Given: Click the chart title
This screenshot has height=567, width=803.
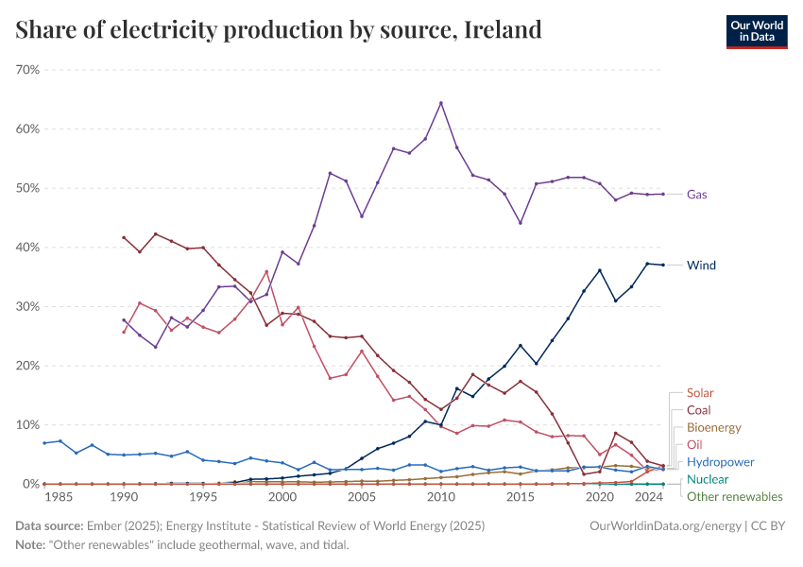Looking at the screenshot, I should point(279,29).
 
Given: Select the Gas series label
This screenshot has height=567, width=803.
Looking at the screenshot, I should point(697,194).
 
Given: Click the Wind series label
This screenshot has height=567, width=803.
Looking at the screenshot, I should point(701,265).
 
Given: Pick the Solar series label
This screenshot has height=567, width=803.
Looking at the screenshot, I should point(701,392).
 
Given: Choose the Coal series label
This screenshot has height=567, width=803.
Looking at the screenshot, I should point(699,410).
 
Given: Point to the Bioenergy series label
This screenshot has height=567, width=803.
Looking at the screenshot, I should point(713,427).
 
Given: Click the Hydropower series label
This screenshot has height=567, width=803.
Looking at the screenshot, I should point(720,462).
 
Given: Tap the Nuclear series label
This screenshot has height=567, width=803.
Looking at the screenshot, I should point(708,479).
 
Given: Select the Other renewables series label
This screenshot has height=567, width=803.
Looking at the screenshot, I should point(734,496).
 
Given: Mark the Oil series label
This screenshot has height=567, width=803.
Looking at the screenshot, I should point(694,444).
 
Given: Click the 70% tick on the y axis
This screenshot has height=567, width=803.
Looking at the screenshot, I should point(26,70).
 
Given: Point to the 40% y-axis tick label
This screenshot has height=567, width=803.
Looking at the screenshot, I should point(26,248).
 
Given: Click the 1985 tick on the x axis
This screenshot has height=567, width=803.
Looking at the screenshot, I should point(60,496).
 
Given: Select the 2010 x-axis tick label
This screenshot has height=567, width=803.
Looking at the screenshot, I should point(440,496).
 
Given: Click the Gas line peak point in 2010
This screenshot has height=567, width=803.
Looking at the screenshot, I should point(441,102).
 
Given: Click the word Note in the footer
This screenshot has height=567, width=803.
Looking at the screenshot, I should point(31,544).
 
